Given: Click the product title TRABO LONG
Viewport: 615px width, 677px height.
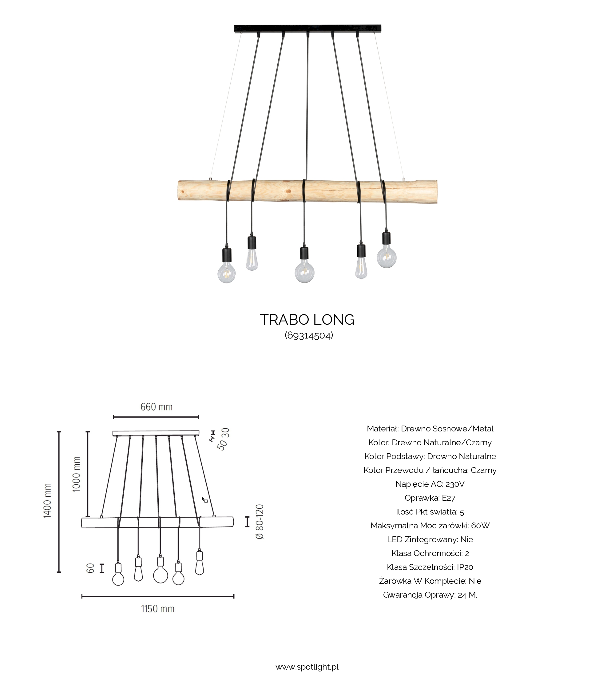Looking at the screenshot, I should click(x=307, y=320).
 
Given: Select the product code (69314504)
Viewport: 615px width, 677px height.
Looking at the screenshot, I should click(x=309, y=335).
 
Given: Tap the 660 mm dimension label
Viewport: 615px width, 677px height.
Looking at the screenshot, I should click(x=156, y=407).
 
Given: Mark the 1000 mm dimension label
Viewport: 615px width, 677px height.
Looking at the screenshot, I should click(x=77, y=474).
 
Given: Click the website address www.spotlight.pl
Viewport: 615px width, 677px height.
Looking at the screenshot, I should click(x=307, y=667).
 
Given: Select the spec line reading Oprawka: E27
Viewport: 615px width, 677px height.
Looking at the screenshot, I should click(x=430, y=498).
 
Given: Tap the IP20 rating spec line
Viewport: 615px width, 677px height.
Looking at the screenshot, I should click(x=430, y=567).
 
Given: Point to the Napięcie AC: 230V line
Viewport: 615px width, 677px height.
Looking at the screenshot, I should click(x=430, y=484).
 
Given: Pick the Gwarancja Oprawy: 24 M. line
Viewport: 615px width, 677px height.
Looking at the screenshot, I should click(x=430, y=595).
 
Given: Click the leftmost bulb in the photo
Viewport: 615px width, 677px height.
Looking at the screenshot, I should click(x=226, y=272).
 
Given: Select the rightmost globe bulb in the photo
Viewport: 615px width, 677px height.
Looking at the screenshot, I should click(x=387, y=257).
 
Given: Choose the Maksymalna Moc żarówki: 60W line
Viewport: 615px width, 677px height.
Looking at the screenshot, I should click(x=430, y=526).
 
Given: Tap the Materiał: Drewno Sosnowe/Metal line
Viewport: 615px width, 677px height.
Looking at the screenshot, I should click(x=430, y=428).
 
